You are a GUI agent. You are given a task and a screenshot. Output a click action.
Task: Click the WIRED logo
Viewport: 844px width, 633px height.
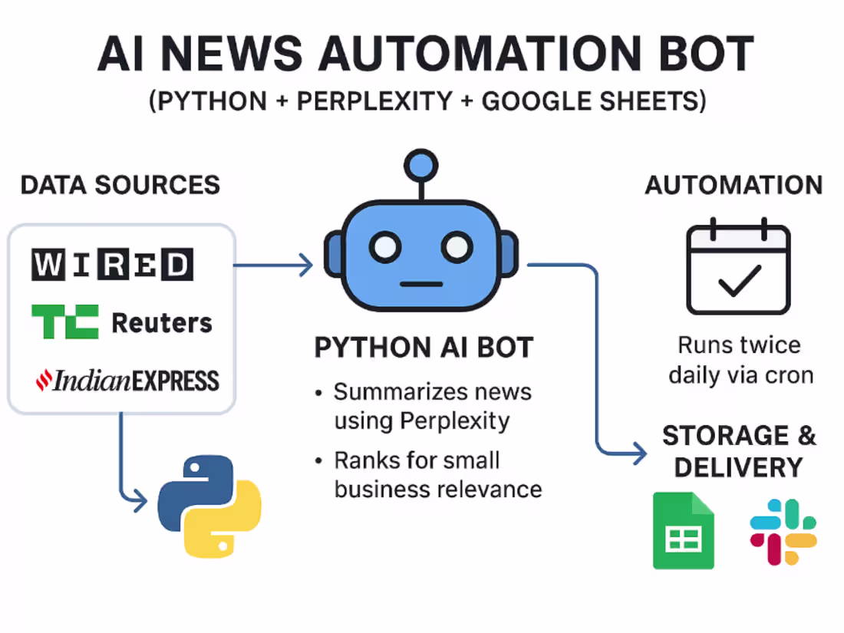click(x=112, y=265)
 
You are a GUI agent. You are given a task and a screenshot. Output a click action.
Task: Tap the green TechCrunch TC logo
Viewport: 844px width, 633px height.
click(x=65, y=321)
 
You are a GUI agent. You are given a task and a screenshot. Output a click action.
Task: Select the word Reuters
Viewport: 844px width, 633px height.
click(x=162, y=323)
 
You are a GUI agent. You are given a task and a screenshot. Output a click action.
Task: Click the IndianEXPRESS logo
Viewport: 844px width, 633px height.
click(x=128, y=380)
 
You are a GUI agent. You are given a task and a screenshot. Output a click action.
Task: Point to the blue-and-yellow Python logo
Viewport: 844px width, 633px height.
click(x=209, y=506)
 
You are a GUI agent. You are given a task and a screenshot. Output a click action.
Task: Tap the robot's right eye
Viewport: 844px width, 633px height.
click(x=457, y=247)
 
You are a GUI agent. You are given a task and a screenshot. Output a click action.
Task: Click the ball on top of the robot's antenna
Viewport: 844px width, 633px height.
click(x=420, y=164)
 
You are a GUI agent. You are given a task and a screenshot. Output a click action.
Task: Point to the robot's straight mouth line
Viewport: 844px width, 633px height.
click(x=421, y=284)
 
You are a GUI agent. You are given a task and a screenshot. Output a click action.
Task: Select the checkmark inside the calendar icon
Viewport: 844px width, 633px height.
click(x=739, y=280)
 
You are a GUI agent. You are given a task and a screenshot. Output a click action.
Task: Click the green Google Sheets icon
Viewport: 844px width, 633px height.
click(x=683, y=530)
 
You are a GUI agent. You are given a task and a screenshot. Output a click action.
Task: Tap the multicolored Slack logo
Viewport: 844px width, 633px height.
click(x=783, y=532)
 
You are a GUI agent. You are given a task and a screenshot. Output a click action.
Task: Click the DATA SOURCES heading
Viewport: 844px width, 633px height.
click(x=120, y=185)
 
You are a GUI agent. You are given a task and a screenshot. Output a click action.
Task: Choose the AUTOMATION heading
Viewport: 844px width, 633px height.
click(x=734, y=185)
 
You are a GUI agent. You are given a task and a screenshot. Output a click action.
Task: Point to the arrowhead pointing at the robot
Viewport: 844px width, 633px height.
click(x=305, y=265)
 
